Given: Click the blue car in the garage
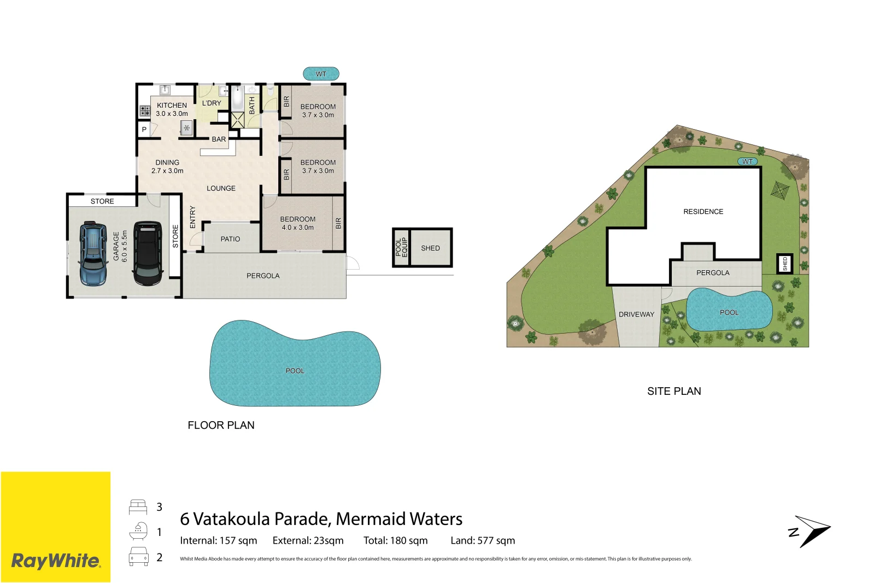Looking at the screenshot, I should (x=93, y=254).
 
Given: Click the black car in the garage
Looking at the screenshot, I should (x=148, y=253).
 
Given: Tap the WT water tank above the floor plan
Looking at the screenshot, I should (x=321, y=74).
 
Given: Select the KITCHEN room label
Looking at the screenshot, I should (x=172, y=105).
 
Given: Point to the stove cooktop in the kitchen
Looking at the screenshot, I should (x=145, y=111).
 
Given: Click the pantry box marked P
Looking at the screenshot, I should (x=144, y=130).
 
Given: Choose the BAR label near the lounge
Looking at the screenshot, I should (x=219, y=139).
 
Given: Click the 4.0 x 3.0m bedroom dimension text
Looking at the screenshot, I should (x=297, y=228).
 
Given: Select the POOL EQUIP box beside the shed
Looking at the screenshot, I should (x=401, y=248).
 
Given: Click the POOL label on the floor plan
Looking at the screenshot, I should (x=295, y=371).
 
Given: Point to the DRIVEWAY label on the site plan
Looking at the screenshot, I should (x=636, y=314).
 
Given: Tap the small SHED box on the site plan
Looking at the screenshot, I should (x=785, y=264).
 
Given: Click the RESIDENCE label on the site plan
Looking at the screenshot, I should (x=703, y=212).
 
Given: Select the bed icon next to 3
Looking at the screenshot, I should (x=138, y=507).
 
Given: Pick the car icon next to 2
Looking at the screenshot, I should (x=138, y=557).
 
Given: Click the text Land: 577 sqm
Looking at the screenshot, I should (x=483, y=541).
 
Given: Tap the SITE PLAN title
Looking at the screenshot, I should (x=674, y=392).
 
